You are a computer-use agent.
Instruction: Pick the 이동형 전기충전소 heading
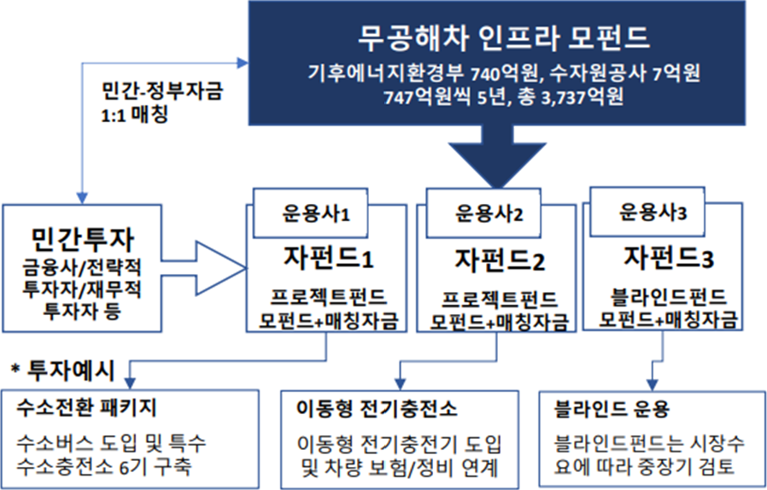[376, 407]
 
